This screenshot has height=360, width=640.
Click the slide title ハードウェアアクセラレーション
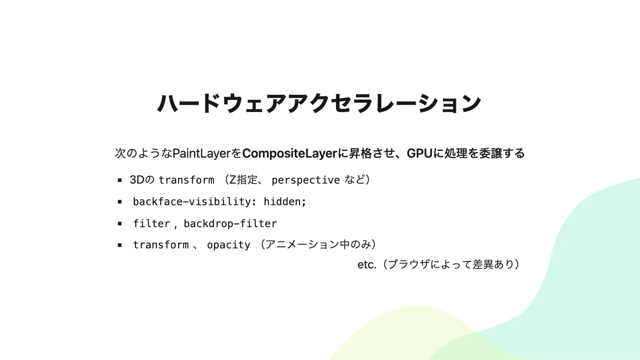[319, 103]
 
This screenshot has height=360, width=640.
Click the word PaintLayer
[202, 154]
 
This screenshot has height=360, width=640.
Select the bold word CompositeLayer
[290, 154]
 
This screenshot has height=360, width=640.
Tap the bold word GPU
[419, 154]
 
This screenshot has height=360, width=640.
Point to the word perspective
[306, 180]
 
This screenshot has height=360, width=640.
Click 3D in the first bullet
[137, 180]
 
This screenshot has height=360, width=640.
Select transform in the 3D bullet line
[186, 180]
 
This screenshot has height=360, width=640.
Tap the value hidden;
[285, 202]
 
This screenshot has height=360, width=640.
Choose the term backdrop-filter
[230, 224]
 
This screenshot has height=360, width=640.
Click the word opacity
[228, 245]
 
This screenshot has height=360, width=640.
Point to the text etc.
[367, 264]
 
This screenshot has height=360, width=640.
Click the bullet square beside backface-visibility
[120, 202]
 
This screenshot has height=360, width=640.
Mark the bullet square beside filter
[120, 224]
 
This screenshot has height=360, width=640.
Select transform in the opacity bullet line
[161, 245]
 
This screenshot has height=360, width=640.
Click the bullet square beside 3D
[120, 180]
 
